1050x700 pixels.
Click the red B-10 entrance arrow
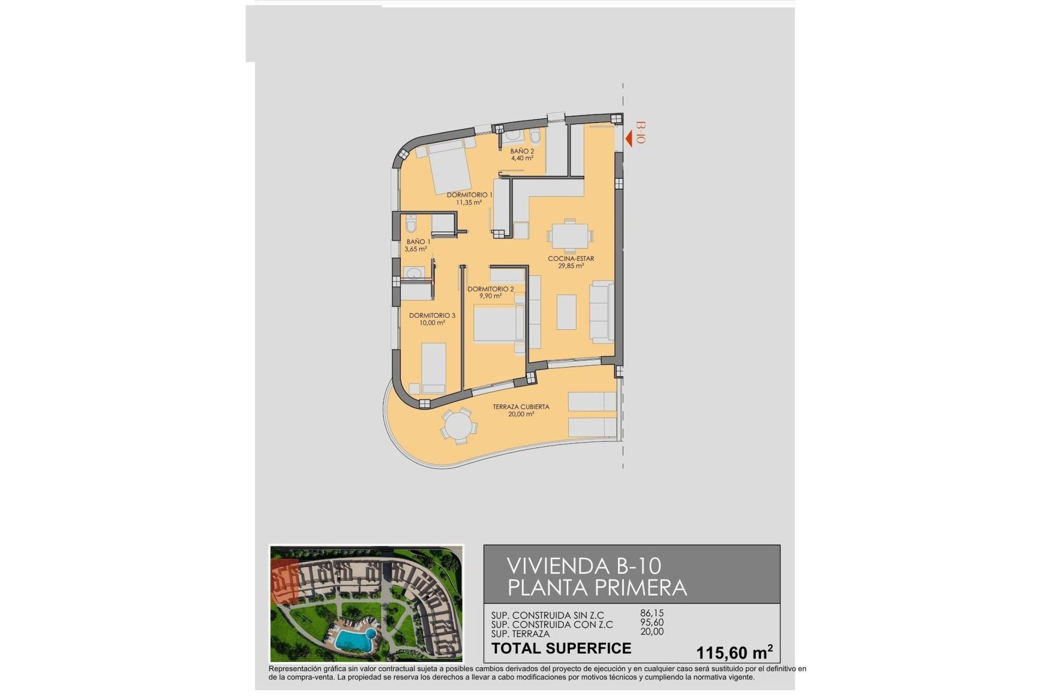[629, 138]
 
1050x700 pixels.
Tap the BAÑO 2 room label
[522, 151]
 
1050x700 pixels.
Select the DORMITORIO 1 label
[469, 195]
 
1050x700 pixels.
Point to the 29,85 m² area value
[570, 266]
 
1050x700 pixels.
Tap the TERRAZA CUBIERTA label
[521, 407]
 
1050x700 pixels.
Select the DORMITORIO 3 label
[432, 316]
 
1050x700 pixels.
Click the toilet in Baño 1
[411, 223]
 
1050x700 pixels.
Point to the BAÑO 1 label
[418, 242]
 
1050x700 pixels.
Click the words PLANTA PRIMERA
[597, 588]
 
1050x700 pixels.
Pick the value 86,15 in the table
[652, 614]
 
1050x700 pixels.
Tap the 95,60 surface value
[652, 622]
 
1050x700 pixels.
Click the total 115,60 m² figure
[734, 652]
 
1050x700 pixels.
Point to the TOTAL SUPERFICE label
[561, 649]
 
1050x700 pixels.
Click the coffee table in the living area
[567, 312]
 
